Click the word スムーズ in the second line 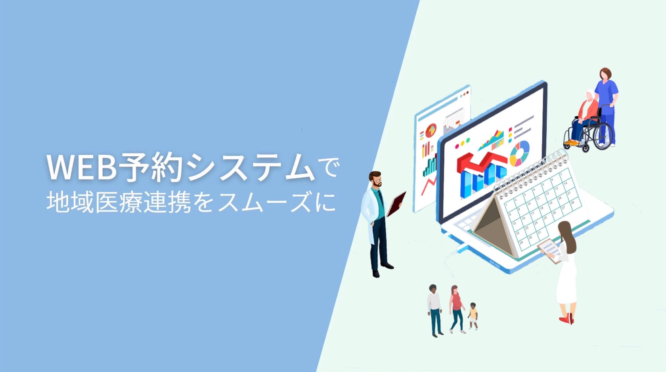pyautogui.click(x=266, y=202)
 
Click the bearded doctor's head pyautogui.click(x=375, y=179)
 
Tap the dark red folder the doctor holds pyautogui.click(x=396, y=204)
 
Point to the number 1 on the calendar pyautogui.click(x=507, y=205)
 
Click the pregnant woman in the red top pyautogui.click(x=456, y=309)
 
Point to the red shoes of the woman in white pyautogui.click(x=567, y=319)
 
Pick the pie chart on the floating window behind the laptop pyautogui.click(x=431, y=130)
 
